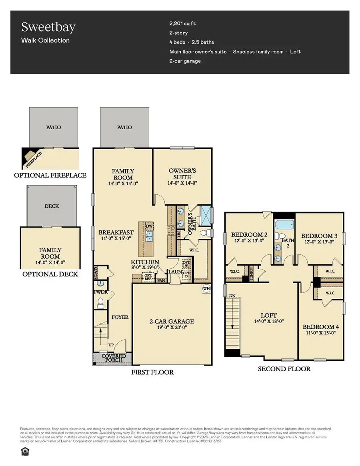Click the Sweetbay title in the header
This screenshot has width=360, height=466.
[x=48, y=28]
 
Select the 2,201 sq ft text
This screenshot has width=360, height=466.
[x=183, y=23]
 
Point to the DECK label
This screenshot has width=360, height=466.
[x=52, y=206]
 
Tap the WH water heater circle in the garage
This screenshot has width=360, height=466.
[x=207, y=288]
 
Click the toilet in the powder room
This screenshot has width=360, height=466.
[x=100, y=304]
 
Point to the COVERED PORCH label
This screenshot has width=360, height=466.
[x=113, y=358]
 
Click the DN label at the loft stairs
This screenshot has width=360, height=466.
[x=232, y=296]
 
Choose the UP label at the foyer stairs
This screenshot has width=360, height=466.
[x=112, y=344]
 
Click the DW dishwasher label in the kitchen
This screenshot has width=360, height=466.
[x=150, y=226]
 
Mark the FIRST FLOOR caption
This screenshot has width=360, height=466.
[x=153, y=372]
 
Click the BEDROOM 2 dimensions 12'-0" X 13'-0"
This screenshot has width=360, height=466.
[x=249, y=241]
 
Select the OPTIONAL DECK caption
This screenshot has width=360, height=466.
[x=50, y=274]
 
